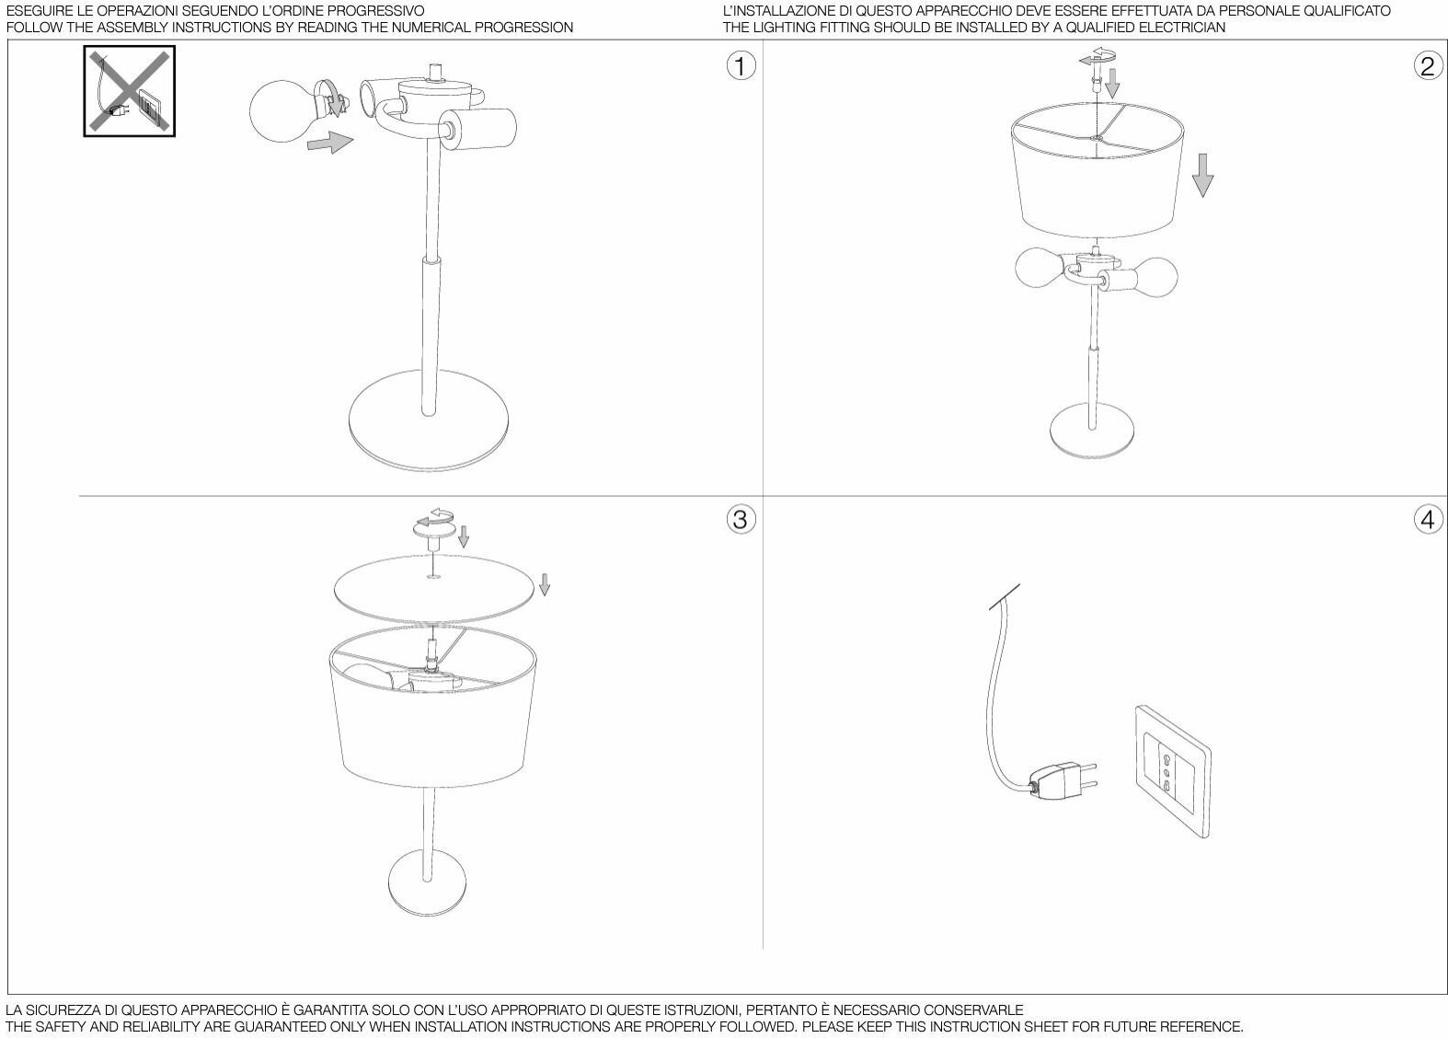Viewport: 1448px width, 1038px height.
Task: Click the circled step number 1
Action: click(x=741, y=65)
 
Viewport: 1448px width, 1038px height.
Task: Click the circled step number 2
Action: click(x=1427, y=65)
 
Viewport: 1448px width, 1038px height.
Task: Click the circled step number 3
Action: click(x=741, y=519)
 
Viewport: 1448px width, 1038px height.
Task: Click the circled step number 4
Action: click(x=1427, y=519)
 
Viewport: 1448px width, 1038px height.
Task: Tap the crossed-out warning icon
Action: click(x=130, y=92)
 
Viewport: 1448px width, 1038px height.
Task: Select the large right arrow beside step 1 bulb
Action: click(x=330, y=143)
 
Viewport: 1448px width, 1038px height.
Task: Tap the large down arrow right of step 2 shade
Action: click(x=1201, y=174)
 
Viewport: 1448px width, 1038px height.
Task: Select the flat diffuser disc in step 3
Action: click(x=432, y=584)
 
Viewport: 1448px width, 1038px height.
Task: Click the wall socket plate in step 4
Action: click(x=1172, y=770)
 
